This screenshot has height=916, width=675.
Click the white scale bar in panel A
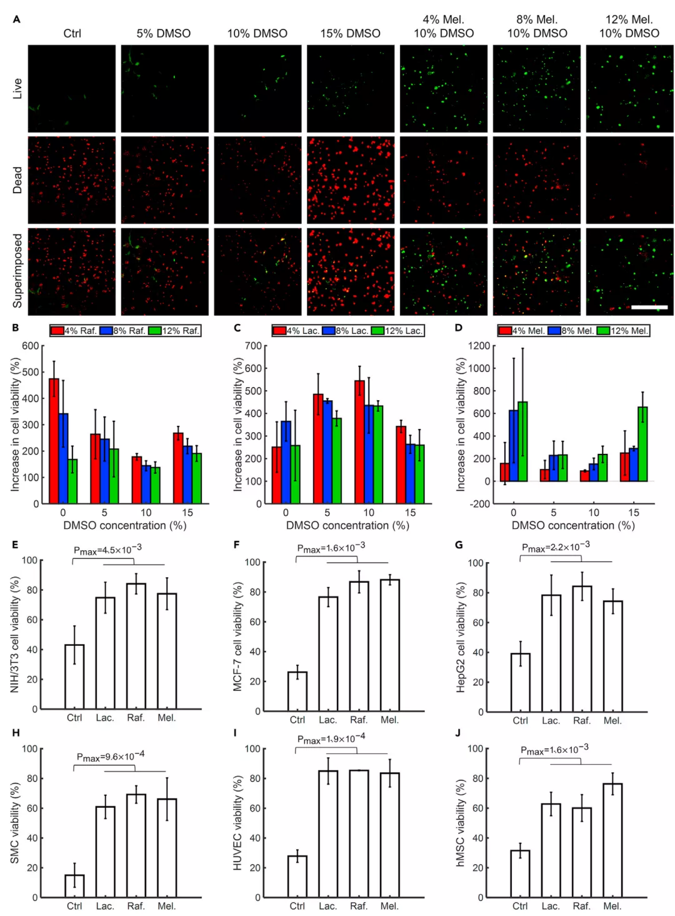point(649,307)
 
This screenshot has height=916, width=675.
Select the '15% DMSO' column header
point(350,33)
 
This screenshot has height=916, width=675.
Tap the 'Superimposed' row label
point(17,271)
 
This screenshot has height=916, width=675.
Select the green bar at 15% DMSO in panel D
point(642,444)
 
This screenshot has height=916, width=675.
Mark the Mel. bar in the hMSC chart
point(612,840)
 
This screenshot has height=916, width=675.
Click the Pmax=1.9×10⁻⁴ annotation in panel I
point(331,738)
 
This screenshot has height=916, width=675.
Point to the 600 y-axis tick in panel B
point(31,346)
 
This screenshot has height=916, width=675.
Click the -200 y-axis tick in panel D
point(481,504)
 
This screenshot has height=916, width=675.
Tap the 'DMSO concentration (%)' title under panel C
point(347,525)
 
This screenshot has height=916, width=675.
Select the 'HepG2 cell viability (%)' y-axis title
point(461,638)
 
